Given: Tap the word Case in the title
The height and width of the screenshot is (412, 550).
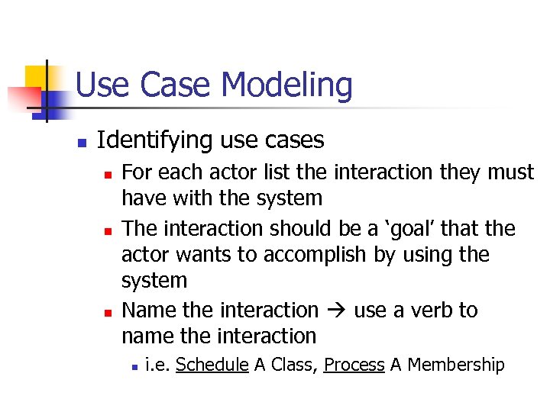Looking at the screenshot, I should (x=182, y=85).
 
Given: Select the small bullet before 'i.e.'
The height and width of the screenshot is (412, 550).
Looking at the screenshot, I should (x=134, y=367).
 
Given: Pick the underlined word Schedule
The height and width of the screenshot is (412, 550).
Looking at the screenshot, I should (x=212, y=365).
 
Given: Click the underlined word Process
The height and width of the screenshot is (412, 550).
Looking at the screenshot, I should (x=354, y=365).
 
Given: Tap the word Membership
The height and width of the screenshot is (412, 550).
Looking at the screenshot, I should (x=456, y=365).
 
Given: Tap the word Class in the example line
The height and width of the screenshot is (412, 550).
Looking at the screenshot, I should (x=290, y=365).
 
